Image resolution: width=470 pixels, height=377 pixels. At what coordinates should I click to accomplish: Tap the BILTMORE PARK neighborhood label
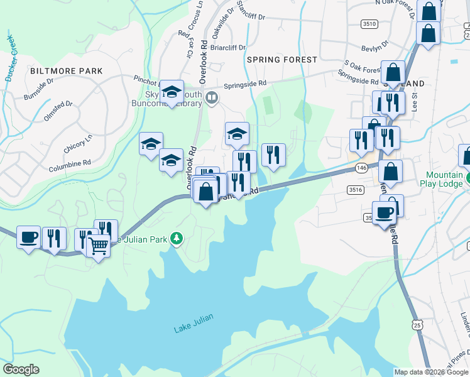coord(66,71)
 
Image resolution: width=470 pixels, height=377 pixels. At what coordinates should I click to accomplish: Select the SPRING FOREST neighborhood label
coord(282,60)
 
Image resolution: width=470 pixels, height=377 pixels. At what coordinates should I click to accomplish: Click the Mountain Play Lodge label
coord(444,179)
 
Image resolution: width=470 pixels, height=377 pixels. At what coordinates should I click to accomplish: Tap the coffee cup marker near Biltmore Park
coord(28,237)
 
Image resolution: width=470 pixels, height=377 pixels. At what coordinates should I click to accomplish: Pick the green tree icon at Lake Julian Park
coord(178,238)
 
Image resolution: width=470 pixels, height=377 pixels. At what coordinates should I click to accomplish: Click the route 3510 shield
coord(369,24)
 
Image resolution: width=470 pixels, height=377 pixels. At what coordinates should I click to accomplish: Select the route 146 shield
coord(361,168)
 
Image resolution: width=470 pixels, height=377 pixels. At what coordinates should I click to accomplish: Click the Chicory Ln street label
coord(78,145)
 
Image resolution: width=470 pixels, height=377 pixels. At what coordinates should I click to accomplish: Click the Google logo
coord(21,369)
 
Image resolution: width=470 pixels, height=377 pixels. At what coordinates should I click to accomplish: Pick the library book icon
coord(212,98)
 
